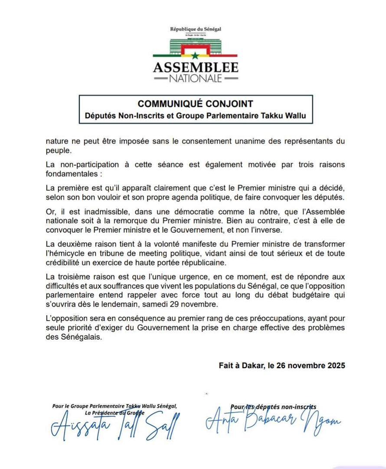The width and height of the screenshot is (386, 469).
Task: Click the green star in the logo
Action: (195, 55)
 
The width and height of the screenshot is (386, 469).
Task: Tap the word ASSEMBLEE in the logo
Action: (196, 68)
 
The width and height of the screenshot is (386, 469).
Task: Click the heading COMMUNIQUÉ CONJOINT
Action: (195, 104)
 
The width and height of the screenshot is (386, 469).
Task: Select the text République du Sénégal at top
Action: (196, 29)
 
